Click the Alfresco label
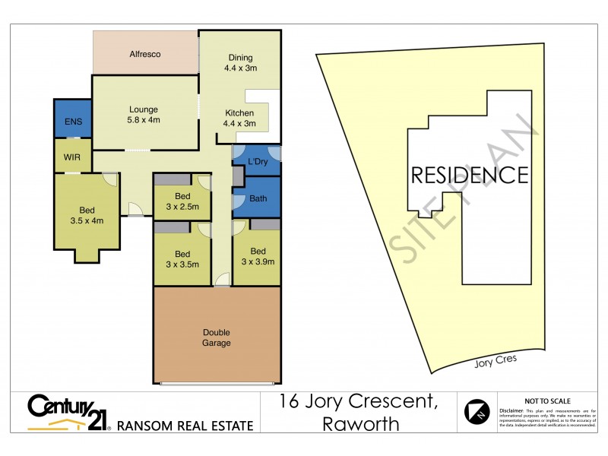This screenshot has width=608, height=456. (x=144, y=54)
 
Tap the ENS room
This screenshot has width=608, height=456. (x=73, y=122)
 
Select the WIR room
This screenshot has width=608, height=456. (x=73, y=157)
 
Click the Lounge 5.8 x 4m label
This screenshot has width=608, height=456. (x=143, y=115)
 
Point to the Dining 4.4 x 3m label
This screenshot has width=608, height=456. (x=240, y=62)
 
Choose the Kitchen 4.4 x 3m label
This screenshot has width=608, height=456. (x=239, y=119)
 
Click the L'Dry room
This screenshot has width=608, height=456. (x=257, y=161)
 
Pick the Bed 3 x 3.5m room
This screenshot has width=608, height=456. (x=182, y=259)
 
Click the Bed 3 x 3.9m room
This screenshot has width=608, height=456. (x=258, y=257)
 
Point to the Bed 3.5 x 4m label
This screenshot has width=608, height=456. (x=86, y=216)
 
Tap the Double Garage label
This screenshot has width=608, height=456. (x=216, y=337)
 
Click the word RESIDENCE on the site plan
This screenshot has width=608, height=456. (x=469, y=176)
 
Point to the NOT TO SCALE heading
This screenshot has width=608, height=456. (x=547, y=401)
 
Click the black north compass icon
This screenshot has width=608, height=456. (x=477, y=411)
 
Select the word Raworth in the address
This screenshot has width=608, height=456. (x=361, y=424)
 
